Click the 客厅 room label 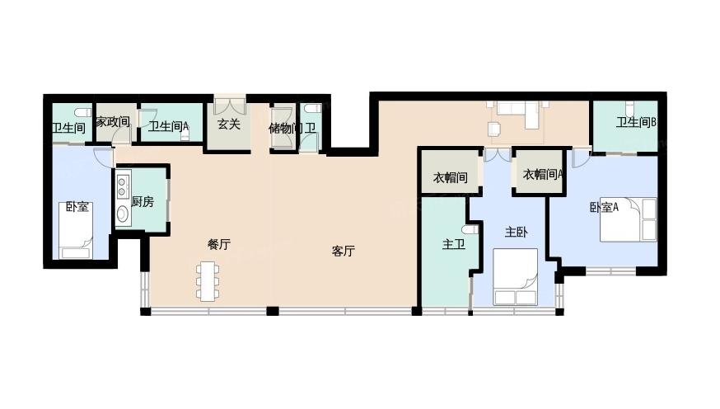[x=343, y=251]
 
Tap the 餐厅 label [x=218, y=244]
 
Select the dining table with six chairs [x=208, y=281]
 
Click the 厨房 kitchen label [x=143, y=201]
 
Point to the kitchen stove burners [x=122, y=185]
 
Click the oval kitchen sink [x=123, y=214]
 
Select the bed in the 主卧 [x=515, y=277]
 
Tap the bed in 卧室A [x=629, y=219]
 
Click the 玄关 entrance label [x=229, y=124]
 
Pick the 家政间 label [x=113, y=122]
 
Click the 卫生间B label [x=636, y=122]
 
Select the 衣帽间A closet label [x=543, y=174]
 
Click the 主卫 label [x=454, y=244]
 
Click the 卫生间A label [x=168, y=126]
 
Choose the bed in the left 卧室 [x=77, y=230]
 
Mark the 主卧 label [x=517, y=232]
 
